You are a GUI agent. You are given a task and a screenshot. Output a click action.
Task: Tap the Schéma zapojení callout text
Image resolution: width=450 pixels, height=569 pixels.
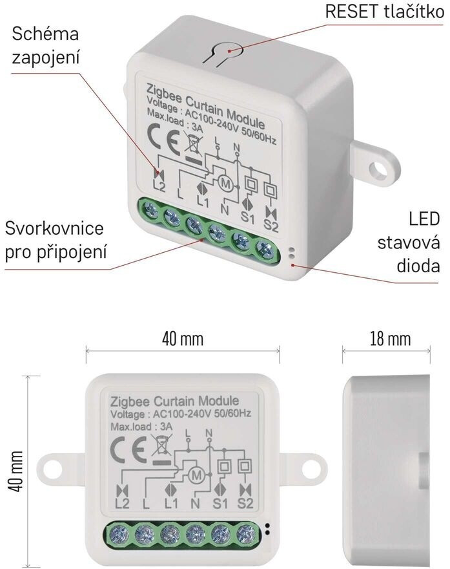point(45,46)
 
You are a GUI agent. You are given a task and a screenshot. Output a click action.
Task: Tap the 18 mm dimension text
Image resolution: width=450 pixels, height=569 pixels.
point(388,338)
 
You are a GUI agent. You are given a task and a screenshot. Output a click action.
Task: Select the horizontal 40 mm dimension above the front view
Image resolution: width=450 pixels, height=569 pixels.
point(182,338)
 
